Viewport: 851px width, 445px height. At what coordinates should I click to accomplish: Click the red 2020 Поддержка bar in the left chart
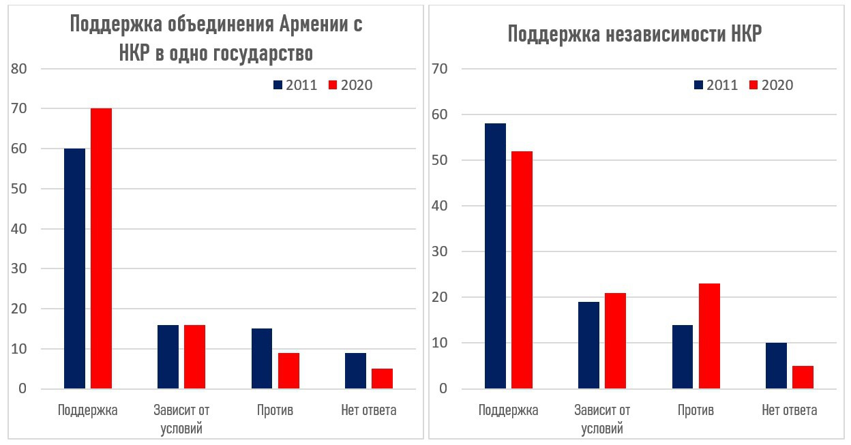tap(101, 249)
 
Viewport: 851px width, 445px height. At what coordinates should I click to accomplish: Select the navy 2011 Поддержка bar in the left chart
tap(74, 268)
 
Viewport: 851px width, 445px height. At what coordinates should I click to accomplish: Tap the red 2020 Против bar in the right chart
tap(709, 336)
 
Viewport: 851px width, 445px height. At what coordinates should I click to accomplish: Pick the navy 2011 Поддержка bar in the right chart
tap(495, 256)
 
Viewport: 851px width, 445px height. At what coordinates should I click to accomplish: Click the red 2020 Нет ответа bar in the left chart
tap(382, 379)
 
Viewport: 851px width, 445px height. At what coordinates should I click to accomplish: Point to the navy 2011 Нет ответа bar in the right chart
tap(776, 366)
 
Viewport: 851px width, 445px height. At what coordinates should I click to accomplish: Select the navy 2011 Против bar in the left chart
tap(262, 358)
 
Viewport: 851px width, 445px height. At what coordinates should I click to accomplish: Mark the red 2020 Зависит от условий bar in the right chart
tap(615, 341)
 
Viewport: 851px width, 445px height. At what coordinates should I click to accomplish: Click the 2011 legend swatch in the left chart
tap(278, 85)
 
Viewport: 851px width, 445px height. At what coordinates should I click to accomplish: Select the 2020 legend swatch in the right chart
tap(753, 85)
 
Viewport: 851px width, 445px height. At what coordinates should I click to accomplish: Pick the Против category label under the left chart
tap(275, 410)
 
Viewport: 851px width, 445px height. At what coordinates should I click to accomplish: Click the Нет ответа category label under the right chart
tap(789, 410)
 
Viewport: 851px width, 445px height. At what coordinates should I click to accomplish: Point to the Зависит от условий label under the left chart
tap(181, 419)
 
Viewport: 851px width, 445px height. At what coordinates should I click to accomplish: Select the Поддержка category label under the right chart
tap(508, 410)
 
